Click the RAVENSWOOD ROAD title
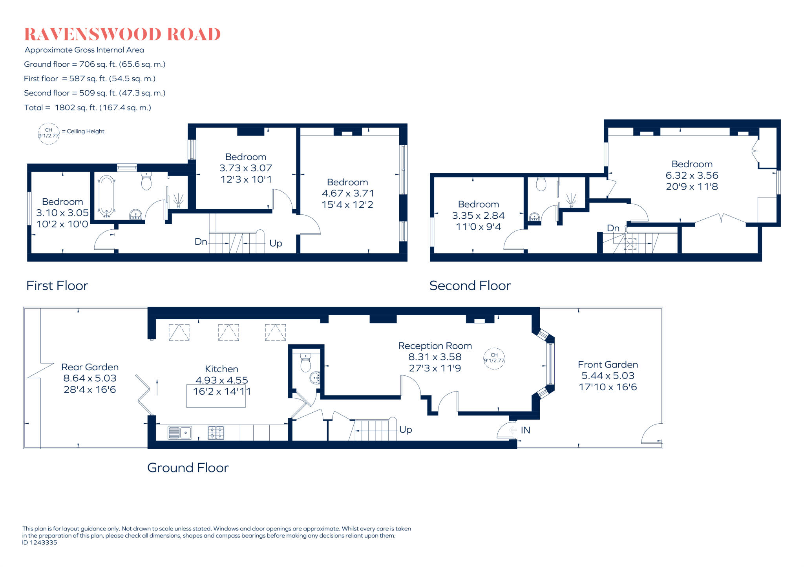click(122, 35)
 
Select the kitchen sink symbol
click(180, 433)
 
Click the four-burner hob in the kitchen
click(216, 433)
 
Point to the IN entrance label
click(525, 430)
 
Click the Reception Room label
click(435, 346)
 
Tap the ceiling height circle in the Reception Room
click(494, 358)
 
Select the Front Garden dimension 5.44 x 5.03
click(608, 376)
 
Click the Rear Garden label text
click(90, 367)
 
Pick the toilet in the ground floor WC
click(305, 362)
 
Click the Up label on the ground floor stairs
click(406, 430)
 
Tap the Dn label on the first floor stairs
click(201, 242)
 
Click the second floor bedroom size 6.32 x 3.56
click(692, 176)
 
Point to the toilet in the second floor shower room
click(541, 183)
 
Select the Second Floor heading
click(470, 286)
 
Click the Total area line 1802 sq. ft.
click(88, 108)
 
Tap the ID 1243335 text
click(40, 543)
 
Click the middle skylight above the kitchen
click(228, 333)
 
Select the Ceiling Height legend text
click(85, 132)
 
